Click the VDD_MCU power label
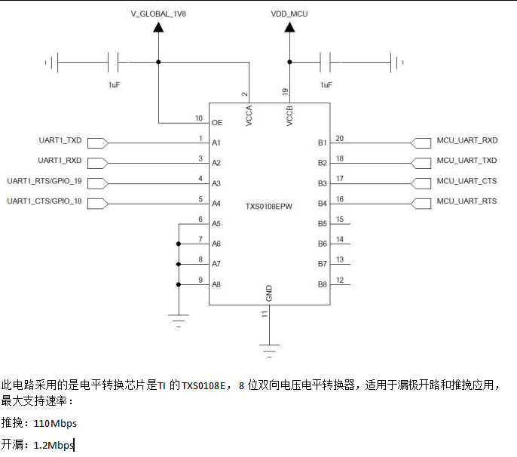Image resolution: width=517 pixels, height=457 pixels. pyautogui.click(x=289, y=13)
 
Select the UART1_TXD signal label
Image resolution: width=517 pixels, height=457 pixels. pyautogui.click(x=60, y=141)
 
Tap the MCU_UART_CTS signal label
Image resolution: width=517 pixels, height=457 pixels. pyautogui.click(x=467, y=181)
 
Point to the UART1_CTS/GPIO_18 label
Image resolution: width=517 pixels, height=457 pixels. pyautogui.click(x=44, y=201)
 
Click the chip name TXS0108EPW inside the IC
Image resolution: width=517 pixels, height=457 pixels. pyautogui.click(x=269, y=206)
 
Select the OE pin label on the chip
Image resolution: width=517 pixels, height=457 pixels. pyautogui.click(x=217, y=122)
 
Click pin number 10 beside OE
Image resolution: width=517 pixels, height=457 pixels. pyautogui.click(x=198, y=118)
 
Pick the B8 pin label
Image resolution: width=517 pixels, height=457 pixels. pyautogui.click(x=322, y=284)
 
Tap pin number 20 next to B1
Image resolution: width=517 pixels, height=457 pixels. pyautogui.click(x=340, y=139)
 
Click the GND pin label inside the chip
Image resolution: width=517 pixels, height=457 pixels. pyautogui.click(x=269, y=293)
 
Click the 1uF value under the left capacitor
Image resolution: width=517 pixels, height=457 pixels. pyautogui.click(x=114, y=85)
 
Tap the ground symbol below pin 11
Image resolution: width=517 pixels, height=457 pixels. pyautogui.click(x=269, y=348)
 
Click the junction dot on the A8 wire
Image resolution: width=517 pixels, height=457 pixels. pyautogui.click(x=179, y=284)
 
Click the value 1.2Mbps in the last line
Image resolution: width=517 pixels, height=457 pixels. pyautogui.click(x=54, y=446)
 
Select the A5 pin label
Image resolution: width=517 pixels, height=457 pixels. pyautogui.click(x=216, y=223)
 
